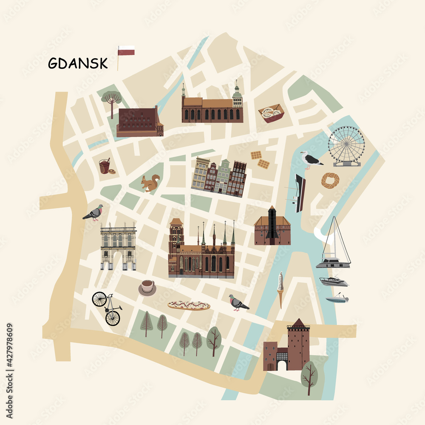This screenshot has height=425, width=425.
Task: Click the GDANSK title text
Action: [x=78, y=63]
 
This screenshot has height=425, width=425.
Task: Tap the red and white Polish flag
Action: [x=126, y=51]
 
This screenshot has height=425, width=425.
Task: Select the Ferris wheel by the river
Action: [x=346, y=145]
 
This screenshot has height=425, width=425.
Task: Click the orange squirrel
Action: [x=150, y=183]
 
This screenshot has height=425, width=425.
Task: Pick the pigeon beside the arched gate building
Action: [x=94, y=212]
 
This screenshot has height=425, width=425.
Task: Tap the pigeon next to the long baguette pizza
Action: [x=238, y=303]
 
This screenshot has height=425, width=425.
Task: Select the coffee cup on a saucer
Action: [x=147, y=287]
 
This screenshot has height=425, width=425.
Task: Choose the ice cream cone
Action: [x=280, y=288]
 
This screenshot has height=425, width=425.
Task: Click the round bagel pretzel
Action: [x=330, y=180]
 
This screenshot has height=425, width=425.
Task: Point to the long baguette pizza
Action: [x=189, y=305]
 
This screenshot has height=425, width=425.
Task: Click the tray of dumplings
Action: [x=271, y=113]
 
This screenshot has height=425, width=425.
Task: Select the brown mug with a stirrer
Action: [x=105, y=166]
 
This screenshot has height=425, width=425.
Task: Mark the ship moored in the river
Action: [x=300, y=193]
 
